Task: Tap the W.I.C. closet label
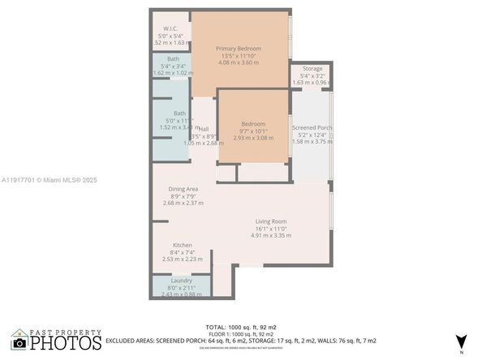pyautogui.click(x=171, y=28)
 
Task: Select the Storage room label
pyautogui.click(x=312, y=69)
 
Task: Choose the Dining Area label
pyautogui.click(x=183, y=189)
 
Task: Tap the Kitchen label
pyautogui.click(x=183, y=245)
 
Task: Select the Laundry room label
pyautogui.click(x=182, y=281)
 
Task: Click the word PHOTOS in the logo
pyautogui.click(x=68, y=343)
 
